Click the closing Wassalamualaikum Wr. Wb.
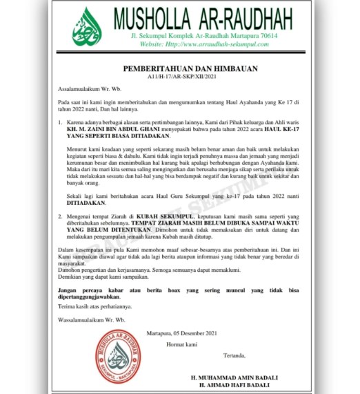click(x=89, y=320)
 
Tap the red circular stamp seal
click(x=119, y=356)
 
